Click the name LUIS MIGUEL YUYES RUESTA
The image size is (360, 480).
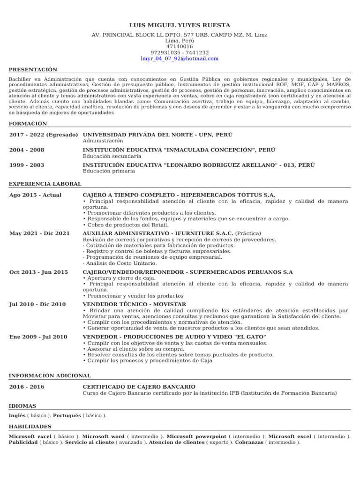click(x=180, y=25)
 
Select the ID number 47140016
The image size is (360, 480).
click(x=180, y=47)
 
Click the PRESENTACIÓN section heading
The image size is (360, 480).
click(x=33, y=69)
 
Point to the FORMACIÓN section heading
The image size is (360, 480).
click(x=28, y=123)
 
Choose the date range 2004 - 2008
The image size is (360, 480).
click(x=27, y=150)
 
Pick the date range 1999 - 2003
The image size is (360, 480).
click(x=27, y=165)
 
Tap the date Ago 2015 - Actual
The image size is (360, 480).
click(x=35, y=195)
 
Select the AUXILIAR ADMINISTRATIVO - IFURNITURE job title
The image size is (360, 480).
click(x=158, y=233)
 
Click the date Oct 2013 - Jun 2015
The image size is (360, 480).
click(x=38, y=272)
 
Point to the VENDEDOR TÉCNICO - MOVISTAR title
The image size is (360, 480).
click(x=134, y=304)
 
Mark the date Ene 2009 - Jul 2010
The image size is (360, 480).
click(x=38, y=337)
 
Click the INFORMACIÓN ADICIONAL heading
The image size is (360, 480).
click(x=50, y=375)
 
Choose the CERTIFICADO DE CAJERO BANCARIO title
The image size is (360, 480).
click(x=139, y=387)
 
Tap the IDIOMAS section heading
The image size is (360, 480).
click(x=22, y=406)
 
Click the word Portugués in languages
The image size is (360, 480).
click(x=67, y=415)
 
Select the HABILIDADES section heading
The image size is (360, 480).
click(x=30, y=427)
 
